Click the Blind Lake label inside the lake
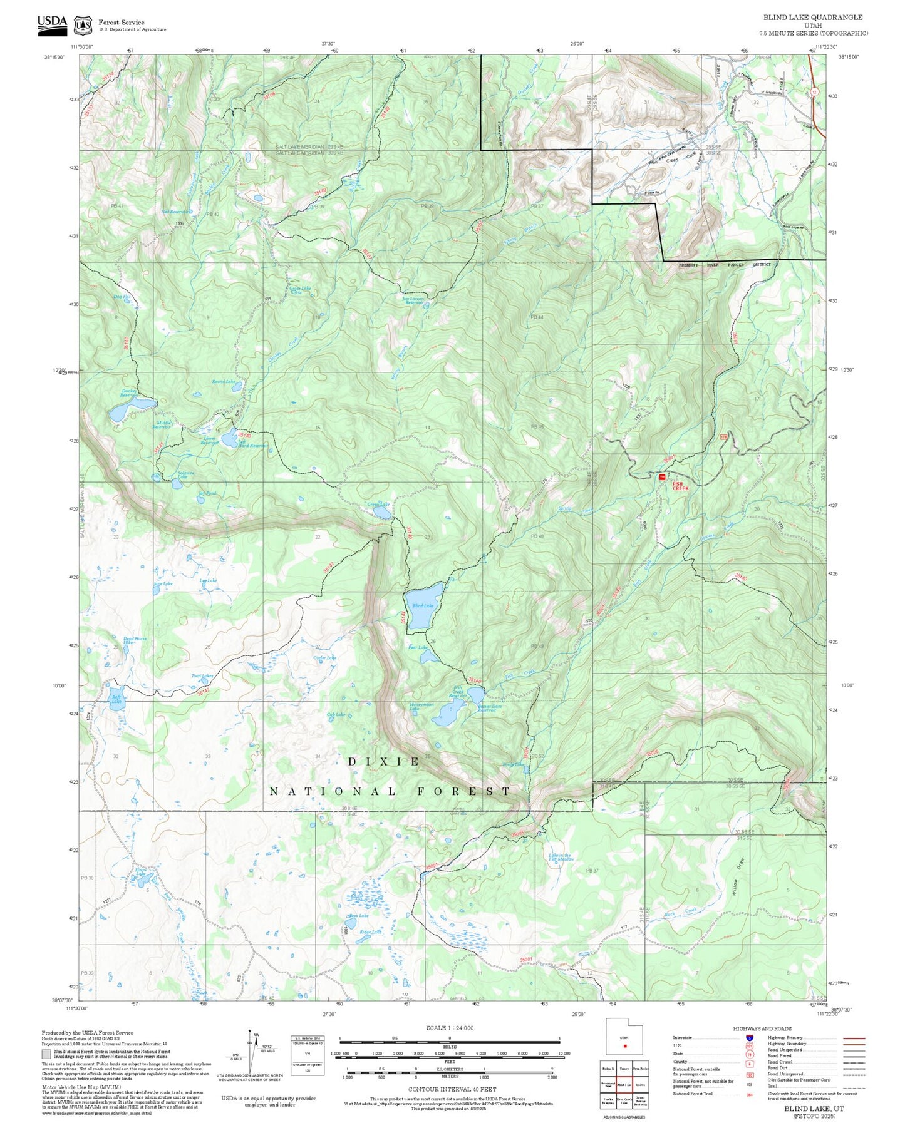coord(423,605)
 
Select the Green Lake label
coord(378,504)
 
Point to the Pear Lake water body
coord(429,656)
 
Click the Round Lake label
coord(223,381)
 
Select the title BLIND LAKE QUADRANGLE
coord(812,18)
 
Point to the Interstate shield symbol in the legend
coord(749,1038)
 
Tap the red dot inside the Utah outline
coord(624,1045)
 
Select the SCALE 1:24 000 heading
coord(449,1028)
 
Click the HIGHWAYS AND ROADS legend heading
coord(762,1028)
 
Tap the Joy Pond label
coord(207,493)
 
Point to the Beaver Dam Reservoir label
coord(490,708)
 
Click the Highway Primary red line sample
coord(854,1038)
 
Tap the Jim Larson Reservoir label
coord(413,300)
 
